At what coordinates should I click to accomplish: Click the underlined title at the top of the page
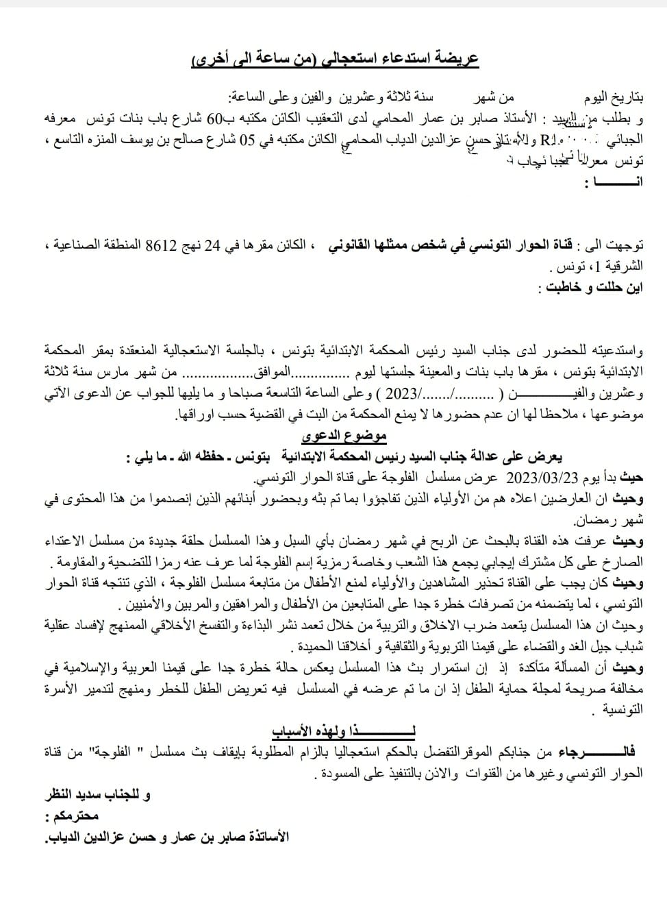tap(335, 59)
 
